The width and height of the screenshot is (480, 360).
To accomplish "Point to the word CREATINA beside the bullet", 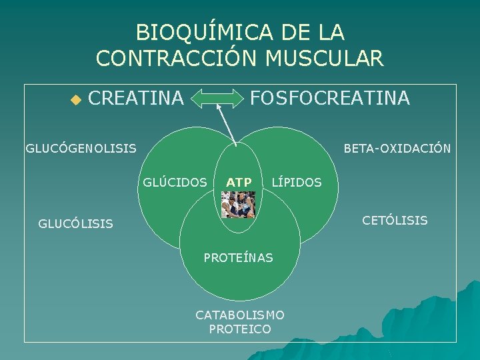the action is (135, 99).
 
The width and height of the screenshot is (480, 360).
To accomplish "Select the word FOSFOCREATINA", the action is (329, 99).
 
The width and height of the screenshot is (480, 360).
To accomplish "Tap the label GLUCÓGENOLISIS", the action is (81, 148).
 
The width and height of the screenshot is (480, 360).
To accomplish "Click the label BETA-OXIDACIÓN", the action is (397, 148).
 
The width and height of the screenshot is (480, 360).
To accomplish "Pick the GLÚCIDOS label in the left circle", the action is (175, 181).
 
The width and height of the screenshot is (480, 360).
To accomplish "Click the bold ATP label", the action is (239, 182).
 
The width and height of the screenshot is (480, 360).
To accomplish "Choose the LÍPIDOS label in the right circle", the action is (297, 182).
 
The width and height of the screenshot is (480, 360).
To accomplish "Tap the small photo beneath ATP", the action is (239, 205).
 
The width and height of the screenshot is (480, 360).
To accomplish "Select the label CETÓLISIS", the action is (395, 220).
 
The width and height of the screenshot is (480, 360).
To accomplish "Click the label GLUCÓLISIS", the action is (75, 224).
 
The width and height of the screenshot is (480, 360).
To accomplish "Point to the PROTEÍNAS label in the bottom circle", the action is (239, 257).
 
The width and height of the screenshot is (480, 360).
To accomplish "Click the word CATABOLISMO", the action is (240, 315).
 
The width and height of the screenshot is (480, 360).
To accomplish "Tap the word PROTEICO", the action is (240, 329).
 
